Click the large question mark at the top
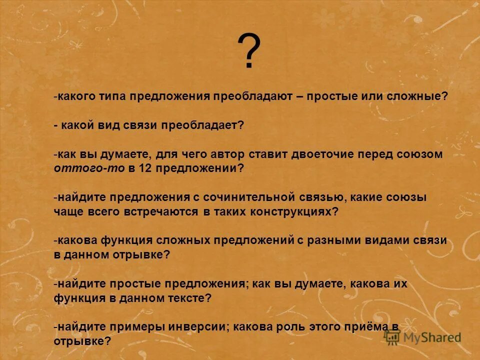(x=248, y=52)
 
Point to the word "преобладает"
(x=201, y=125)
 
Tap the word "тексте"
(x=188, y=298)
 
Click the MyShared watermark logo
(x=423, y=336)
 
